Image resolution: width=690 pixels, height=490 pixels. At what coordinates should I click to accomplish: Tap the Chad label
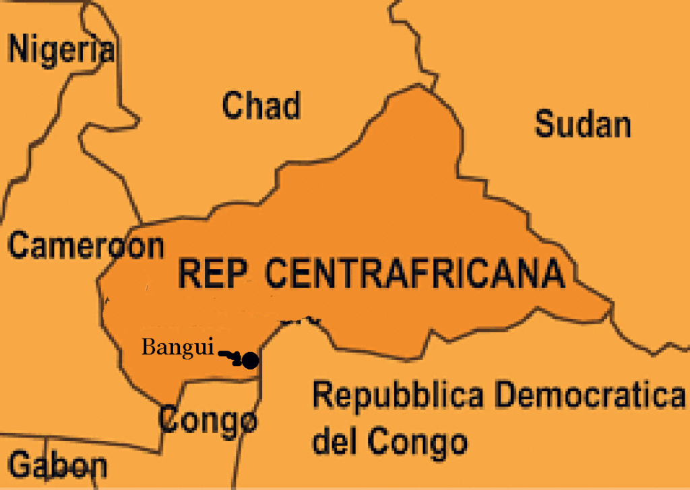[261, 106]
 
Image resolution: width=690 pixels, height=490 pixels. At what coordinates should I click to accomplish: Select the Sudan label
[583, 125]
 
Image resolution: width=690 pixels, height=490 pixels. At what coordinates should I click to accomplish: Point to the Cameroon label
[86, 246]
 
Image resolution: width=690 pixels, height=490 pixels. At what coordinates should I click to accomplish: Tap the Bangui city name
[177, 348]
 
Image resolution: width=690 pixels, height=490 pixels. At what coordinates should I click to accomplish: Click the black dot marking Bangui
[250, 361]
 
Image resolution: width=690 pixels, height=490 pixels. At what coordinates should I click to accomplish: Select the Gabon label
[59, 466]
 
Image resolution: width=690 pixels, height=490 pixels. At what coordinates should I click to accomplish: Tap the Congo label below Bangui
[208, 421]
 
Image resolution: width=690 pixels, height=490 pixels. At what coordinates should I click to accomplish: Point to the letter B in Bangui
[148, 348]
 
